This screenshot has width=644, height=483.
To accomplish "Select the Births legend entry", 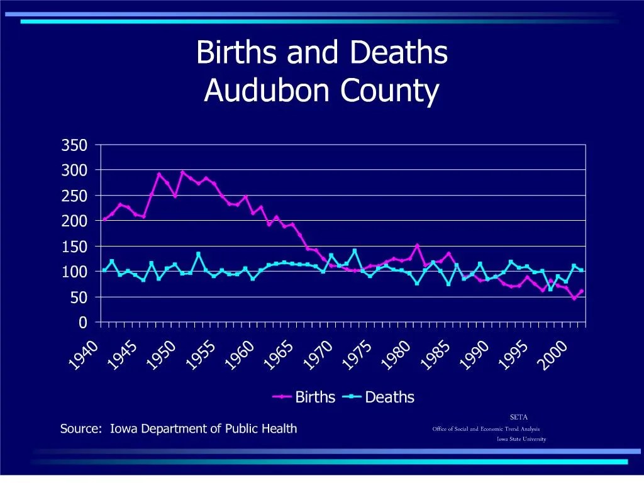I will tap(315, 397).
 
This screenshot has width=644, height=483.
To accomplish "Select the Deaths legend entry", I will tap(389, 397).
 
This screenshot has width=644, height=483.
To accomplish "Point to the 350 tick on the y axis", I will tap(74, 145).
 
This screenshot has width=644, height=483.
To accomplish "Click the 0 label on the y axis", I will tap(82, 323).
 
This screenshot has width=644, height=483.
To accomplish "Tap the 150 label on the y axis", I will tap(74, 247).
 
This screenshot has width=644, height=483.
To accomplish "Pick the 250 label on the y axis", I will tap(74, 196).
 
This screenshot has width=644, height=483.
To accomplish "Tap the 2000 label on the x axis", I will tap(557, 356).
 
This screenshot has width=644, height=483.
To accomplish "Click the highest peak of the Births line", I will tap(183, 172).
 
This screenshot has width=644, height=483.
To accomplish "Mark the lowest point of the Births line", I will tap(574, 298).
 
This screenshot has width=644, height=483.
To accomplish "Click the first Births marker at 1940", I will tap(104, 219).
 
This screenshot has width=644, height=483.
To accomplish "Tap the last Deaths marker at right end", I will tap(582, 270).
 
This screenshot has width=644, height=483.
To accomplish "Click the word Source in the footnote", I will tap(80, 429).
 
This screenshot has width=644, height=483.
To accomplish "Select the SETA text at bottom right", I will tap(518, 417).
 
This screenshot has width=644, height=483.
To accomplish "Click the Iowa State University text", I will tap(521, 439).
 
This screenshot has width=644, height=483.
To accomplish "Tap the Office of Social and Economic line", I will tap(486, 429).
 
